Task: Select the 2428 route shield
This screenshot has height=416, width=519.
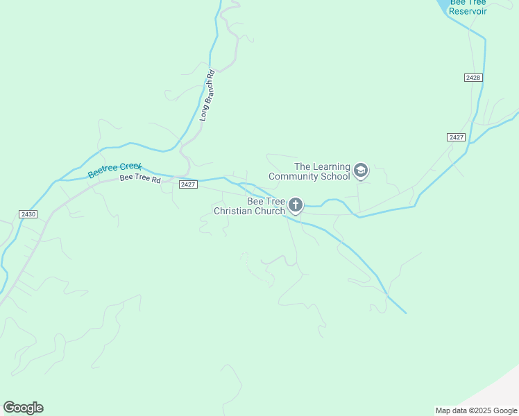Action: click(x=473, y=78)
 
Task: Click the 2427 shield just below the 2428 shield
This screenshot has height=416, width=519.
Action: click(x=456, y=137)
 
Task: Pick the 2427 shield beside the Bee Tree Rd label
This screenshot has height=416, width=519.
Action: click(x=188, y=184)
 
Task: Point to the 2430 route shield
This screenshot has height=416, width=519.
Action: click(x=28, y=214)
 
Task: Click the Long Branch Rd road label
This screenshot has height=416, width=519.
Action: click(x=208, y=95)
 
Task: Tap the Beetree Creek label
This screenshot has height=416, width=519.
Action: click(x=115, y=170)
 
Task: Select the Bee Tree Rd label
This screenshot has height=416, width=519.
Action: click(x=139, y=179)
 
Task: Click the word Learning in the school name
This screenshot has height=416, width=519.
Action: click(x=332, y=166)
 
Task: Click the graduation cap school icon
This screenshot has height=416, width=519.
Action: click(x=361, y=170)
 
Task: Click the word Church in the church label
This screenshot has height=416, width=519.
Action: click(x=270, y=211)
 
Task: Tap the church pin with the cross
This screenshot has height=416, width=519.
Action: click(x=296, y=205)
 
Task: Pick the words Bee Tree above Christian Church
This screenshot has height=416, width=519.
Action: click(x=266, y=201)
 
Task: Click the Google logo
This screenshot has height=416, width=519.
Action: click(x=23, y=408)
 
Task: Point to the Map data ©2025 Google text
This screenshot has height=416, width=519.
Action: click(x=476, y=410)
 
